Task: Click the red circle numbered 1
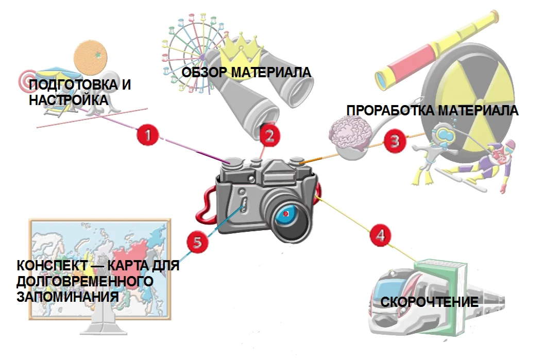click(147, 134)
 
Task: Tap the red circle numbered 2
click(270, 134)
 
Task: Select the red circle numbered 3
click(395, 141)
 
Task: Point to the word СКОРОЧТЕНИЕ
click(430, 302)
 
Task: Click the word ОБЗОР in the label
click(205, 72)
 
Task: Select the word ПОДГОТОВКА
click(74, 84)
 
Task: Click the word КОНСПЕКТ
click(52, 266)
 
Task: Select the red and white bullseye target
click(26, 81)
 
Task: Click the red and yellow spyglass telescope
click(437, 50)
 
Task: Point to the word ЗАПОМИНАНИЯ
click(67, 297)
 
